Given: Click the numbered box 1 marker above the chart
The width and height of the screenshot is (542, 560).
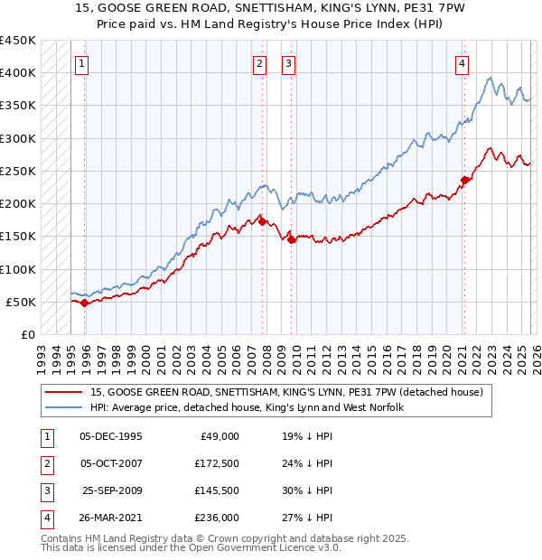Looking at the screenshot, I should click(x=82, y=63).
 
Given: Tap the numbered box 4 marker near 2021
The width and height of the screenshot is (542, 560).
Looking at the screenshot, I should click(x=462, y=63).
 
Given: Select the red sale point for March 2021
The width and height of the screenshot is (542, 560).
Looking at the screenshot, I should click(x=464, y=180).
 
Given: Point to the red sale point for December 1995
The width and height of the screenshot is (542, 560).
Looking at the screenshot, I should click(x=85, y=303).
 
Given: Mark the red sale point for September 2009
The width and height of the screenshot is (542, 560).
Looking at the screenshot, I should click(x=292, y=239).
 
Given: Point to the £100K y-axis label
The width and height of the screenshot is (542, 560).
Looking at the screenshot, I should click(x=18, y=269).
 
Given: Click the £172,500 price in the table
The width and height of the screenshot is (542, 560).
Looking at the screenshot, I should click(x=217, y=463).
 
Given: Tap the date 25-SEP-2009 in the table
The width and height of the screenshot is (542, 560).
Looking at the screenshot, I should click(x=112, y=490).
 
